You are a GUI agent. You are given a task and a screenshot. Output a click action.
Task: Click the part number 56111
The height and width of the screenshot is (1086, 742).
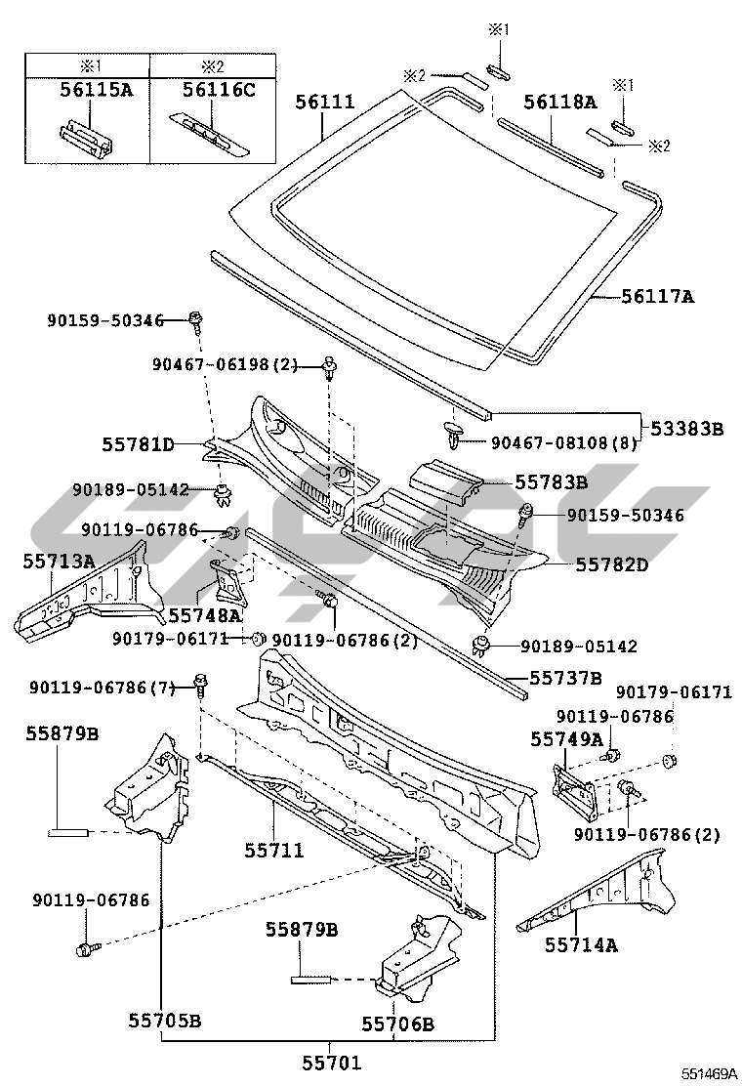tap(326, 102)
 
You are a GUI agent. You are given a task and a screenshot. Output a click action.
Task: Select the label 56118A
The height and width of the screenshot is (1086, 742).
tap(559, 102)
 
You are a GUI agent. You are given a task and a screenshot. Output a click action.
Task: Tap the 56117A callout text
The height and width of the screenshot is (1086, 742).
tap(658, 295)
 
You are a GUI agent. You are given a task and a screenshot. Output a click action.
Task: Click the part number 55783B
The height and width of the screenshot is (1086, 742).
tap(551, 481)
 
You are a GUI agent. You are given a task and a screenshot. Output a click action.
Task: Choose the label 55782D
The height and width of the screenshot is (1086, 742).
tap(612, 564)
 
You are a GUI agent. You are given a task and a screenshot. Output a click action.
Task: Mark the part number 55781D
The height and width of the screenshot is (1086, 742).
tap(139, 445)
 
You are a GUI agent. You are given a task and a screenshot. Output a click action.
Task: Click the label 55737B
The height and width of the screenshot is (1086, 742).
tap(565, 676)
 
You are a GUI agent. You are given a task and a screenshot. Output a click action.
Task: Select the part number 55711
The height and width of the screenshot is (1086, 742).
tap(274, 851)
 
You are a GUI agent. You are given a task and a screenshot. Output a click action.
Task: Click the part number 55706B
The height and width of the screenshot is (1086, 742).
tap(397, 1023)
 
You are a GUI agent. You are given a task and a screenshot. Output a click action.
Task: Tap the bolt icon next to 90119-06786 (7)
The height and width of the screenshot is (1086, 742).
tap(200, 684)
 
